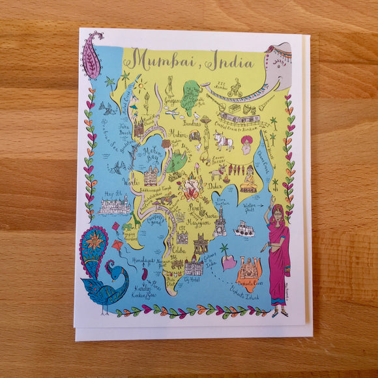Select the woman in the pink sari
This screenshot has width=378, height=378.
(278, 254)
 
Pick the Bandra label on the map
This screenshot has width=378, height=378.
(192, 123)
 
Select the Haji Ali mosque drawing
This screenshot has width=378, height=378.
(115, 205)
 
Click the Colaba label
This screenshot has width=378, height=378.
(179, 249)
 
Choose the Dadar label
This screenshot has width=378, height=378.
(215, 185)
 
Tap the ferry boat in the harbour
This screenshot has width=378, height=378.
(244, 228)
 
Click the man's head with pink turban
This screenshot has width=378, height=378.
(246, 143)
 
